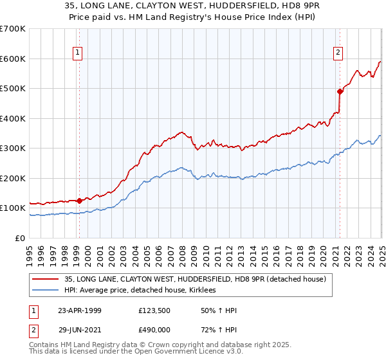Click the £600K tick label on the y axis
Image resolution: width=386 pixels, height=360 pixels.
pyautogui.click(x=13, y=59)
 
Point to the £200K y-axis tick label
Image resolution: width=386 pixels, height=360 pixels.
pyautogui.click(x=13, y=178)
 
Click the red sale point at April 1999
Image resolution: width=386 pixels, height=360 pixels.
pyautogui.click(x=80, y=201)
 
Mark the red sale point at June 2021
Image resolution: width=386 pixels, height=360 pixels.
pyautogui.click(x=340, y=91)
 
